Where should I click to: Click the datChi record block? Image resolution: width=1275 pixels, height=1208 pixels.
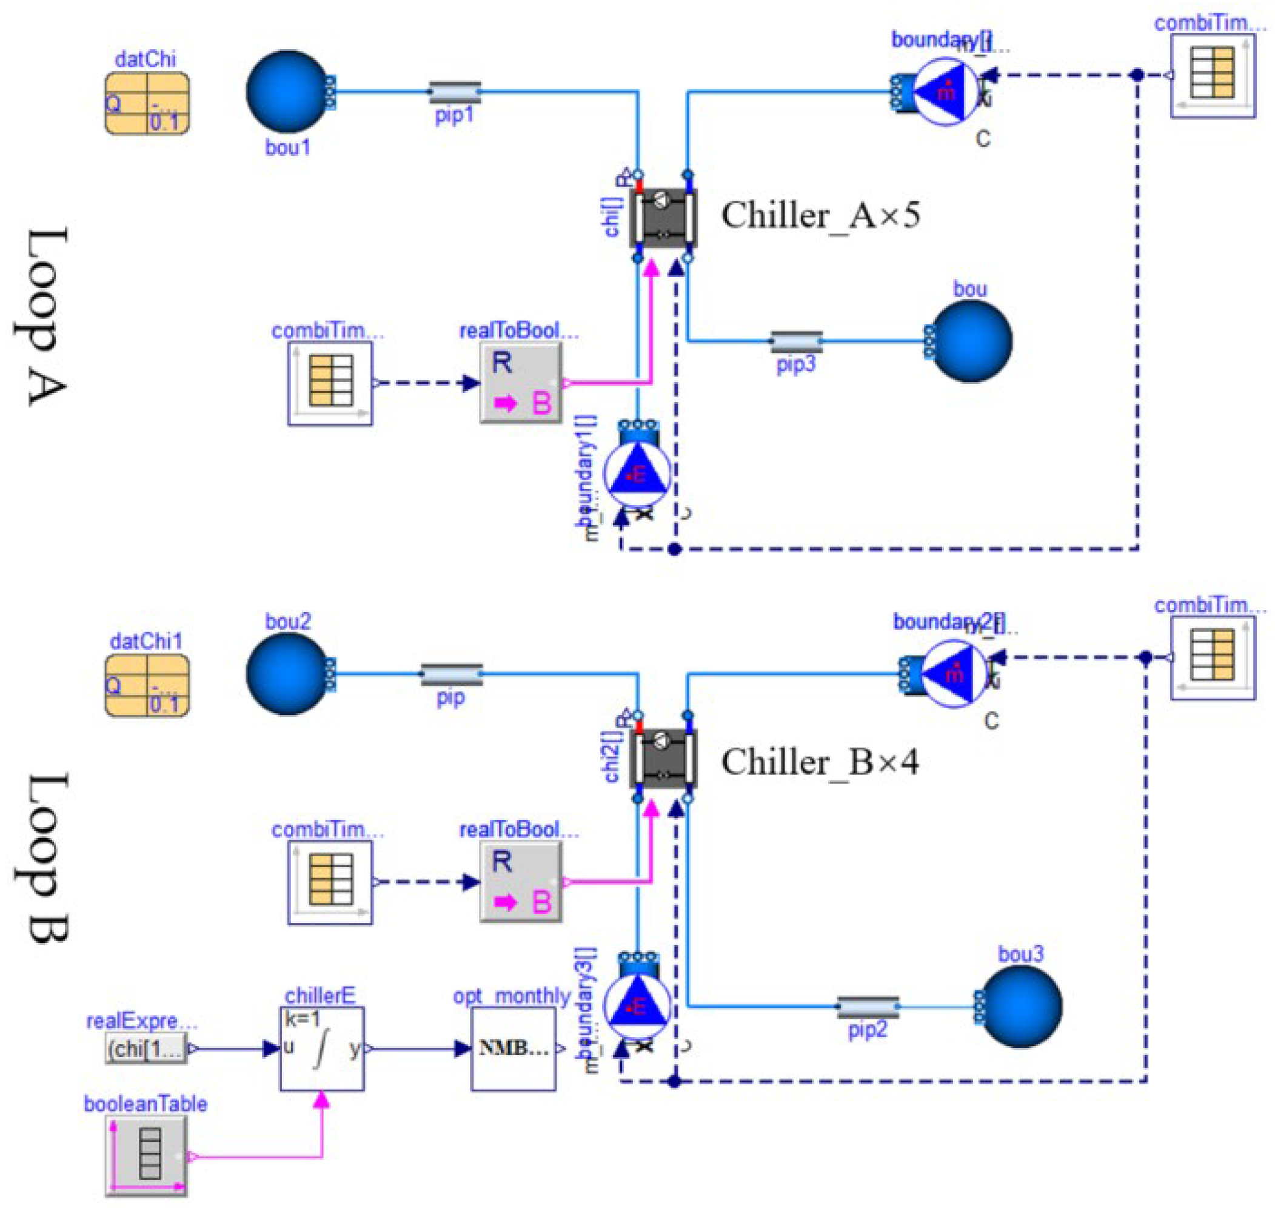point(147,103)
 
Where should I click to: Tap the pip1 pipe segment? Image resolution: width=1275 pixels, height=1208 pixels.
point(454,92)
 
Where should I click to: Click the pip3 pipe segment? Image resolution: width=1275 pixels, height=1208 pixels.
point(796,341)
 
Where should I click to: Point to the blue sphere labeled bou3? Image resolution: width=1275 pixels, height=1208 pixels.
point(1020,1007)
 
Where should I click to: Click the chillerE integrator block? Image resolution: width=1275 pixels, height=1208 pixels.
point(322,1049)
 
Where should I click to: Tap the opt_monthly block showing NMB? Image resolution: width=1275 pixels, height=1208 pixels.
point(513,1049)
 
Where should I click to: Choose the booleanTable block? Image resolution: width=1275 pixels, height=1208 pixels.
point(147,1156)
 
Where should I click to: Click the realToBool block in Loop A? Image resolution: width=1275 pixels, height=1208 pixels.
point(521,383)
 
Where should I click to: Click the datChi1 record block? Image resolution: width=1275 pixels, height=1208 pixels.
point(147,685)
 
